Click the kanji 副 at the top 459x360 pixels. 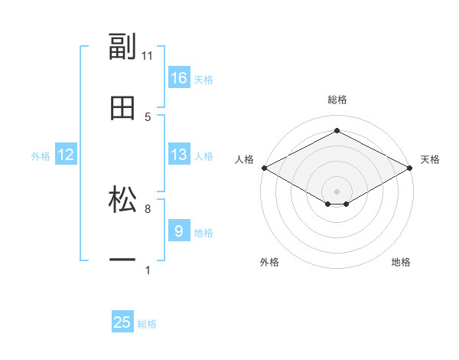click(x=122, y=47)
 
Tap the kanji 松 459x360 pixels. click(x=122, y=201)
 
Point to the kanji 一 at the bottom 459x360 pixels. click(x=122, y=261)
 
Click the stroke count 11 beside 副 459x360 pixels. click(x=148, y=56)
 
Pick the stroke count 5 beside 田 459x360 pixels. click(x=148, y=117)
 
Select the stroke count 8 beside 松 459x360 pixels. click(x=148, y=208)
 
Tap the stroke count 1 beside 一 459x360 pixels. click(x=148, y=270)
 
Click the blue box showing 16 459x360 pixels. click(x=179, y=78)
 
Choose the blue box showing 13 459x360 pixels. click(x=179, y=155)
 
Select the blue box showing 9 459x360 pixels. click(x=179, y=231)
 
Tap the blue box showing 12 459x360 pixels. click(x=66, y=155)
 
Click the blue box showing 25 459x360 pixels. click(x=122, y=322)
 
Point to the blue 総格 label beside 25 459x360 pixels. click(x=147, y=324)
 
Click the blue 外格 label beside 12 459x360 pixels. click(x=41, y=156)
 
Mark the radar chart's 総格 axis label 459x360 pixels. click(x=337, y=100)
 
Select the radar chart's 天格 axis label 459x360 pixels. click(x=430, y=159)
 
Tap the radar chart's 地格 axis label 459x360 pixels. click(x=401, y=262)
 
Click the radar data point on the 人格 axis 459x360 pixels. click(x=264, y=168)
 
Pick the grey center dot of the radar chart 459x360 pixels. click(x=337, y=191)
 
